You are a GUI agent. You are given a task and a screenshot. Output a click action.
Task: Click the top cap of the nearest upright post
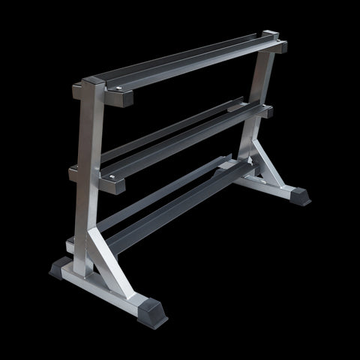pyautogui.click(x=91, y=79)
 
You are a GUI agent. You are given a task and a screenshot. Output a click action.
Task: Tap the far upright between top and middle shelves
pyautogui.click(x=262, y=82)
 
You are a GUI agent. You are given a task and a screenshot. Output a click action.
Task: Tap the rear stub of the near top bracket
pyautogui.click(x=78, y=91)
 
